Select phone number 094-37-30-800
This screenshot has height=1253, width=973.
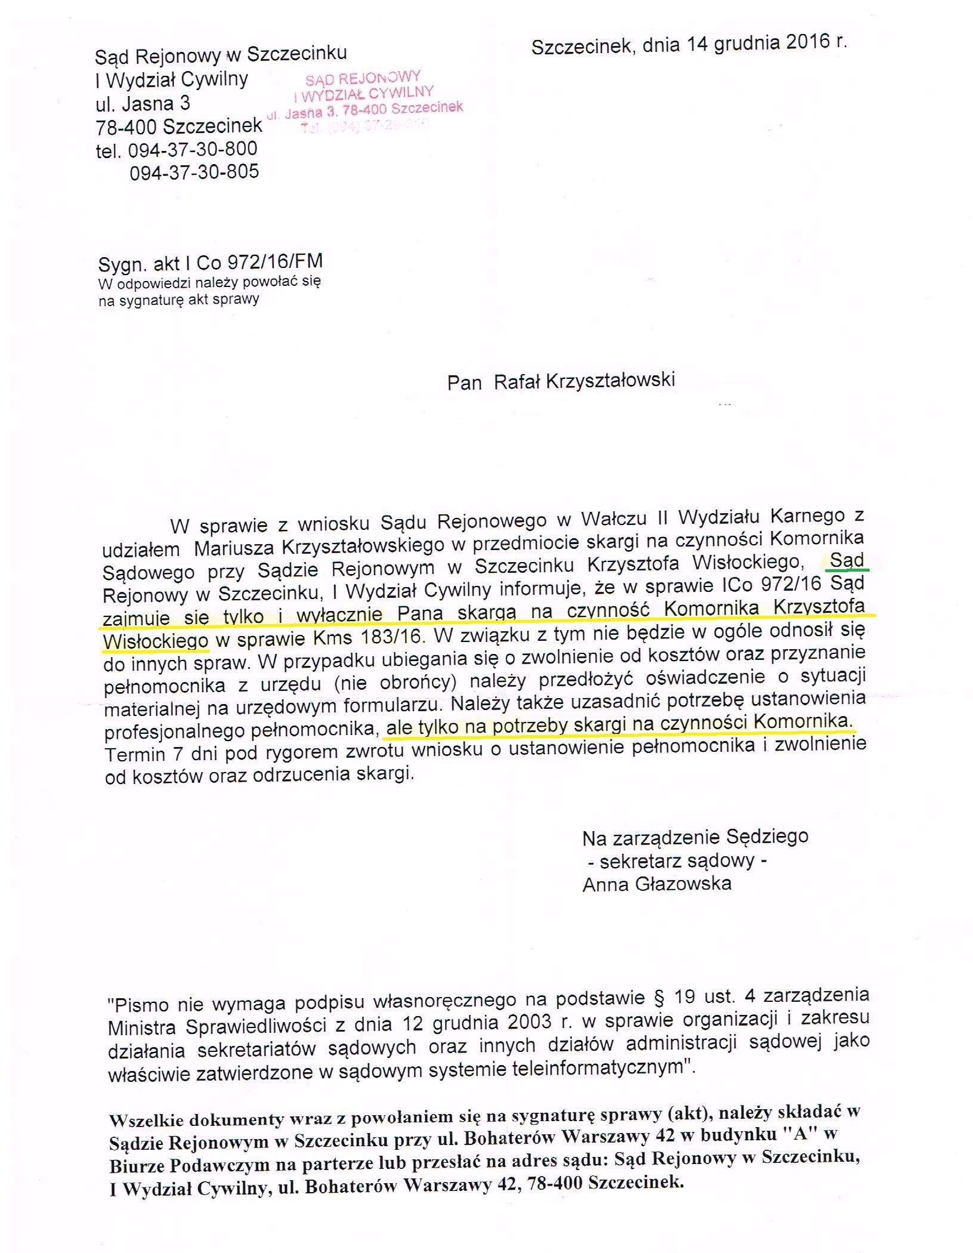point(193,150)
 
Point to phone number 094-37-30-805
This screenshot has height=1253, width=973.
point(194,172)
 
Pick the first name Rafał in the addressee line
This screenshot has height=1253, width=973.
point(517,381)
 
